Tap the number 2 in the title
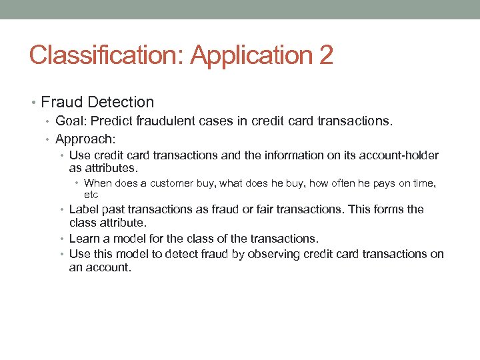tap(326, 55)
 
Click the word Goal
tap(70, 121)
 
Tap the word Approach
tap(85, 139)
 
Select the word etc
tap(91, 195)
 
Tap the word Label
tap(84, 209)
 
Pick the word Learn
tap(85, 238)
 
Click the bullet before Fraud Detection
tap(34, 103)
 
